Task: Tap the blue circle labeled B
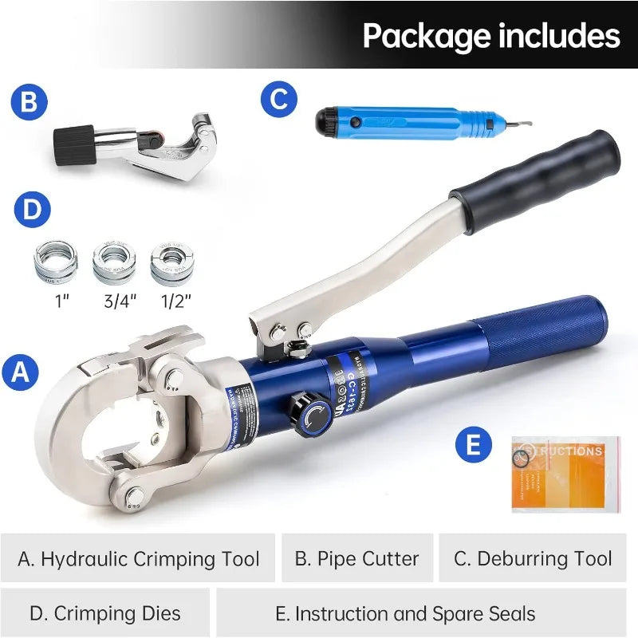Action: pyautogui.click(x=30, y=103)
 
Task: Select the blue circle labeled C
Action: pyautogui.click(x=278, y=100)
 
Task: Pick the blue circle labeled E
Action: pyautogui.click(x=474, y=444)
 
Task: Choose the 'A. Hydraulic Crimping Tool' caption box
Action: pyautogui.click(x=139, y=558)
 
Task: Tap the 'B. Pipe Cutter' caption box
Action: pyautogui.click(x=356, y=558)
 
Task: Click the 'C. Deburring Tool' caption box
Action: pyautogui.click(x=533, y=558)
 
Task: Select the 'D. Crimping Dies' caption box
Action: pyautogui.click(x=105, y=613)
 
